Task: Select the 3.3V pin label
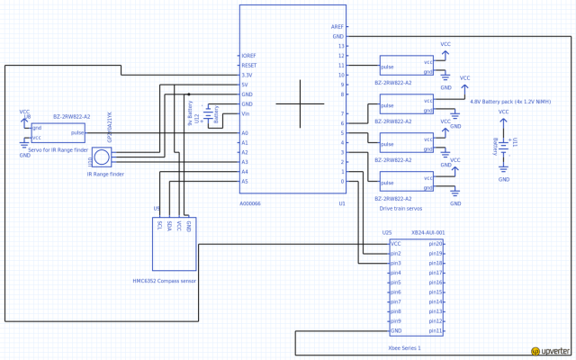click(x=248, y=75)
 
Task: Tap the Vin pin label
click(x=246, y=113)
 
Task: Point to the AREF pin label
click(x=338, y=27)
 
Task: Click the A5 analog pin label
click(x=245, y=181)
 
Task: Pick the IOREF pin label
click(x=250, y=55)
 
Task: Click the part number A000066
click(x=250, y=204)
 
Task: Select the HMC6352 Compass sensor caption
click(x=165, y=281)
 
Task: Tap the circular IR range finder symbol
click(x=103, y=157)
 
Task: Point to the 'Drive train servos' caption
click(x=401, y=208)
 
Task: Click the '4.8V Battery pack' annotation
click(x=511, y=103)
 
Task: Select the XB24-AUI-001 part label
click(x=427, y=233)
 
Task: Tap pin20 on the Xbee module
click(x=435, y=243)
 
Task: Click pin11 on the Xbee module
click(x=435, y=330)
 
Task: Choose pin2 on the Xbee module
click(x=395, y=253)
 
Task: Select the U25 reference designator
click(x=387, y=233)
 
